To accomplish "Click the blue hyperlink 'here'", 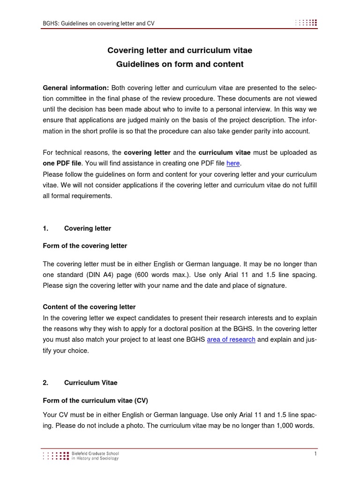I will point(233,164).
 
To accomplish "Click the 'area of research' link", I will point(231,340).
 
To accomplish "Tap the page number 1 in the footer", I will point(315,454).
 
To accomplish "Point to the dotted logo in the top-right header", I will point(306,22).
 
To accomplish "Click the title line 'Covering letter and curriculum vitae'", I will point(180,50).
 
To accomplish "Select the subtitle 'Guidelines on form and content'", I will point(180,64).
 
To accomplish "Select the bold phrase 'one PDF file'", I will point(62,164).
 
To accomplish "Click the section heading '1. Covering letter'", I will point(77,228).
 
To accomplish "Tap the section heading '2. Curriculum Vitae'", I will point(80,383).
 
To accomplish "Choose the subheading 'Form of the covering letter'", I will point(85,246).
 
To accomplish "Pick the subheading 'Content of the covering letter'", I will point(89,307).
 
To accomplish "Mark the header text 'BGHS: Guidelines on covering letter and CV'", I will point(98,23).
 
